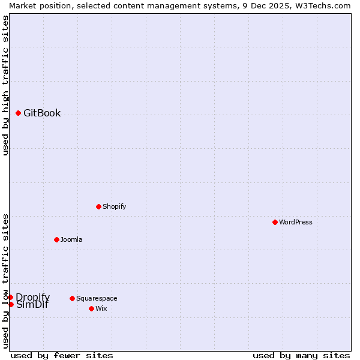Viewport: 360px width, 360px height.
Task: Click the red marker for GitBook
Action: [18, 113]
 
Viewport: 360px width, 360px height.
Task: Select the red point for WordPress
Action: [275, 222]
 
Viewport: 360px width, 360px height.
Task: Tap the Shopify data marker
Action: [98, 206]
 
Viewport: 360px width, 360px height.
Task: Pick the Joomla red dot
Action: [56, 239]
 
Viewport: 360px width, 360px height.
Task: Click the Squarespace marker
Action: [72, 298]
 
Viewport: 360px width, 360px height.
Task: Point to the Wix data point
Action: [91, 308]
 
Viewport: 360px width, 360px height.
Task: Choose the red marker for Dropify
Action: [10, 297]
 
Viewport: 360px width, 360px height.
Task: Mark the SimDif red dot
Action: [11, 304]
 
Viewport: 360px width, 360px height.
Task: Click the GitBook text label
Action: [42, 113]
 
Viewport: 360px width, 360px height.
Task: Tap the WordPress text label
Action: [296, 222]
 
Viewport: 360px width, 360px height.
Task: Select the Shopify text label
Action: [114, 206]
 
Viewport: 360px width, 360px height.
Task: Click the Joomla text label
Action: [71, 239]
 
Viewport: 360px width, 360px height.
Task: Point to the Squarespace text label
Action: [97, 298]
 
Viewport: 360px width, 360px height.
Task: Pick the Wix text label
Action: [101, 308]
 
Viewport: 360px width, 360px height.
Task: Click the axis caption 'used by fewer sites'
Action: [62, 355]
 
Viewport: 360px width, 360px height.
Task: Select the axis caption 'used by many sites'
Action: [301, 355]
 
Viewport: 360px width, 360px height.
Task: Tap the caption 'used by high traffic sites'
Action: [5, 85]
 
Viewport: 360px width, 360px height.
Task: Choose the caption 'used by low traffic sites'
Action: [5, 281]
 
